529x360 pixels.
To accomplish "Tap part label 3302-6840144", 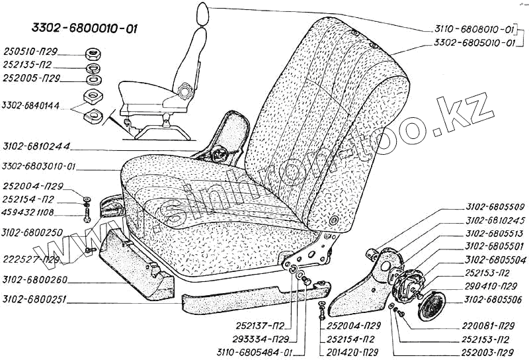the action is pyautogui.click(x=31, y=105).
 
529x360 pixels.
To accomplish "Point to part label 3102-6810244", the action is pyautogui.click(x=36, y=146).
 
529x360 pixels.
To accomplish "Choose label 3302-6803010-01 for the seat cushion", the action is pyautogui.click(x=40, y=166).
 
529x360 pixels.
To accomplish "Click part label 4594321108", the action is pyautogui.click(x=32, y=213).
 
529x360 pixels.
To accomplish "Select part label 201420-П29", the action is pyautogui.click(x=351, y=351).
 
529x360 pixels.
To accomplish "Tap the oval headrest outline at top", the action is pyautogui.click(x=204, y=13).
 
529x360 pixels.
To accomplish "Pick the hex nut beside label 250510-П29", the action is pyautogui.click(x=92, y=52).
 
